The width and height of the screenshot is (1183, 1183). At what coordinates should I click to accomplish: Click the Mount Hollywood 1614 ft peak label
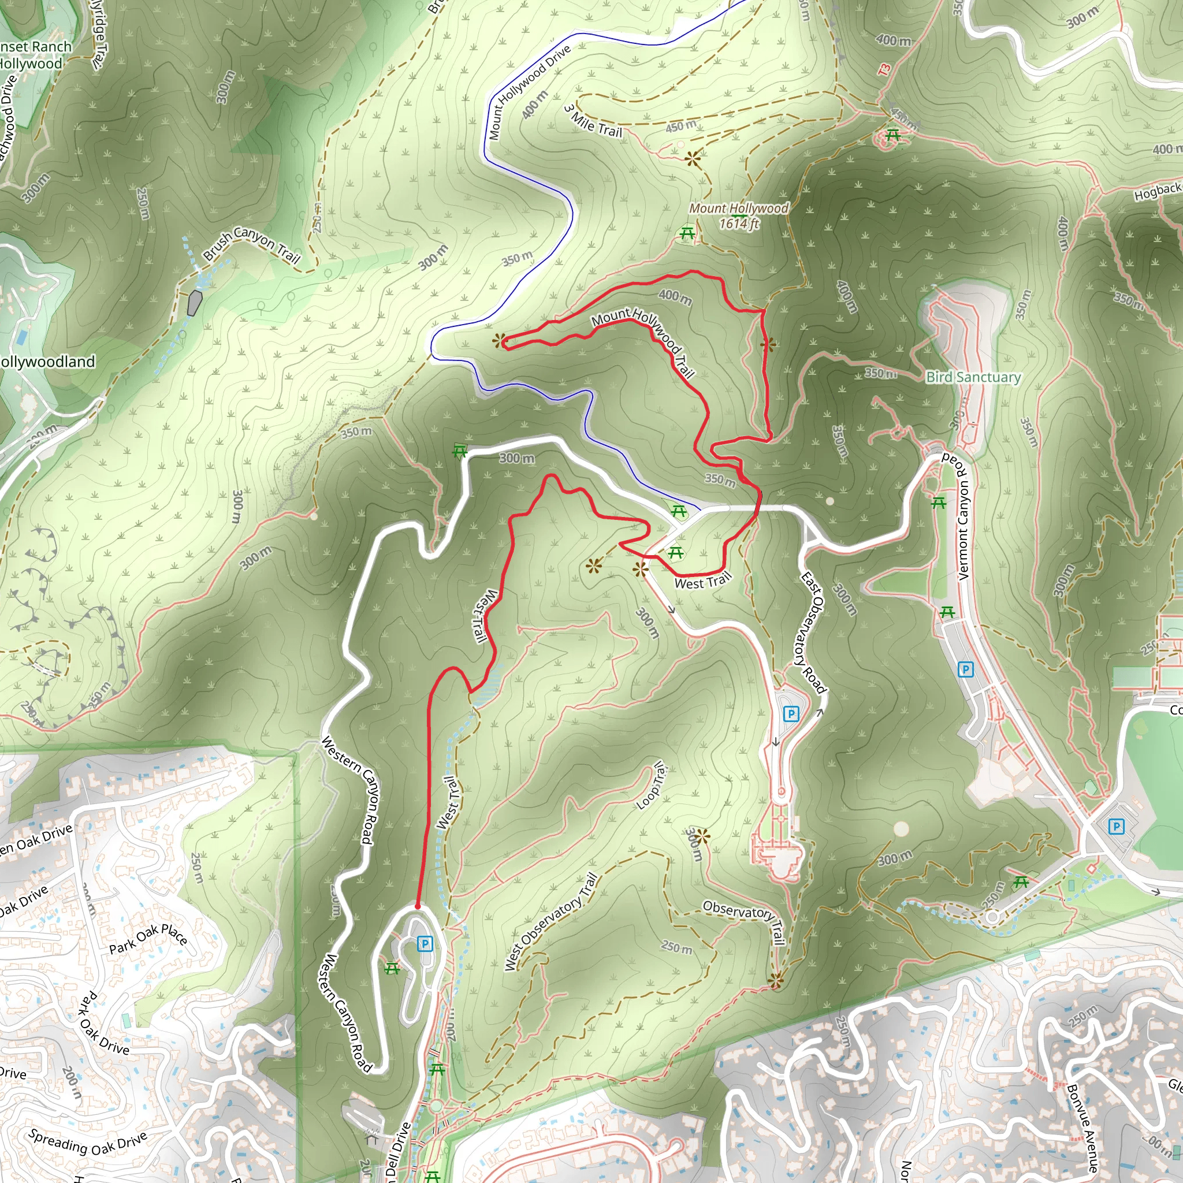point(739,215)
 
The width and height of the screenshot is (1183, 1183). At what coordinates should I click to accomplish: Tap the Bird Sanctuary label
point(973,377)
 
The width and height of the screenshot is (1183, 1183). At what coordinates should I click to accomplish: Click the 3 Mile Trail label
point(593,122)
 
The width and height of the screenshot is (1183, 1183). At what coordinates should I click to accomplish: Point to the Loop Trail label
point(650,785)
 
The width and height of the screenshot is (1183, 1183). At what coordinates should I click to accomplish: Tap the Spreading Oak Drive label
point(88,1143)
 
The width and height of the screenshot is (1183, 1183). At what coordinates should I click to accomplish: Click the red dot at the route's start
point(418,906)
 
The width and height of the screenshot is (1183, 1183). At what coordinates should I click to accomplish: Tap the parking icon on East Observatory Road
point(791,713)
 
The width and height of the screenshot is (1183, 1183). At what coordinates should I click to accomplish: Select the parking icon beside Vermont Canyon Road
point(966,669)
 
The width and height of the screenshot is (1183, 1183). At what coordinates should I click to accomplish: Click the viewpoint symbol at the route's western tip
point(499,340)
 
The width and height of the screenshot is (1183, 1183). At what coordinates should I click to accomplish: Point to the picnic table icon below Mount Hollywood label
point(687,233)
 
